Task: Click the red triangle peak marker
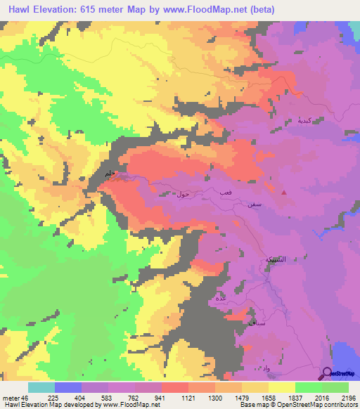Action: [284, 191]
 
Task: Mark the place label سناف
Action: [249, 321]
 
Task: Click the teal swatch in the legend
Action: [41, 387]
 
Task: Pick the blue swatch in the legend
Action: [68, 387]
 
